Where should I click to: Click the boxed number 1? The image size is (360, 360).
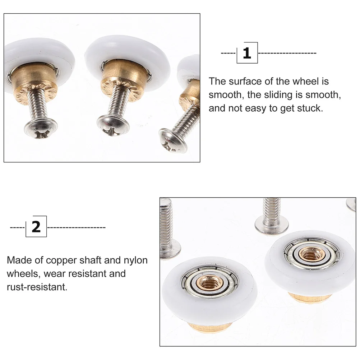(247, 53)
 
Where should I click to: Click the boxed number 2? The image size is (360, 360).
(36, 227)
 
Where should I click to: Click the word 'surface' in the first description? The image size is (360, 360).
(245, 82)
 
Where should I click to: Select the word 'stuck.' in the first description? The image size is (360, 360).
(307, 108)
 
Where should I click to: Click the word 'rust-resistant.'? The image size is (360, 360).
(37, 287)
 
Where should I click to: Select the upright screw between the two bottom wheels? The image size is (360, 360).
(272, 216)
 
